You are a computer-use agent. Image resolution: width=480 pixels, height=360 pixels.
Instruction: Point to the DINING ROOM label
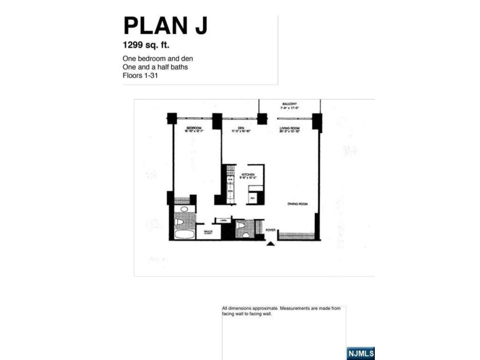[x=298, y=203]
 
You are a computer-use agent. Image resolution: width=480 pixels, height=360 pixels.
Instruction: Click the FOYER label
[x=270, y=230]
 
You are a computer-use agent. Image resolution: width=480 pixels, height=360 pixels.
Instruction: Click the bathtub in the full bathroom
[x=184, y=234]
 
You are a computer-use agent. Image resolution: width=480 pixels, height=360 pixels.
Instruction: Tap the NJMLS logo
[x=360, y=354]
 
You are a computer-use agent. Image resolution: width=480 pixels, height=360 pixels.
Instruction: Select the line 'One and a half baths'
[x=155, y=67]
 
